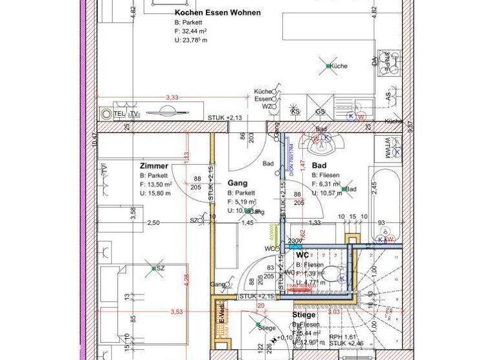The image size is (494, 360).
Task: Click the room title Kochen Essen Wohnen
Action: tap(217, 12)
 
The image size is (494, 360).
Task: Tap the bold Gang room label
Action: tap(237, 183)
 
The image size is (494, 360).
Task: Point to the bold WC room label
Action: tap(302, 255)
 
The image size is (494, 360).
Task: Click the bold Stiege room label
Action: tap(304, 315)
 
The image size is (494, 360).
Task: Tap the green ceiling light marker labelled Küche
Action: tap(328, 66)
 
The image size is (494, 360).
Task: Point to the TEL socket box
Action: tap(119, 114)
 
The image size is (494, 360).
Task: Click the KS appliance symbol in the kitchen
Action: tap(296, 112)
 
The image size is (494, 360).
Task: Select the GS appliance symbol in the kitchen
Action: tap(320, 112)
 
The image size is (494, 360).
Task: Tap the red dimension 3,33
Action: tap(172, 97)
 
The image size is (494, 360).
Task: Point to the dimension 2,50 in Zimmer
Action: tap(153, 223)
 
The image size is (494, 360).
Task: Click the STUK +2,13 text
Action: tap(224, 118)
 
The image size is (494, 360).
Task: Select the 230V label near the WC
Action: tap(295, 241)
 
